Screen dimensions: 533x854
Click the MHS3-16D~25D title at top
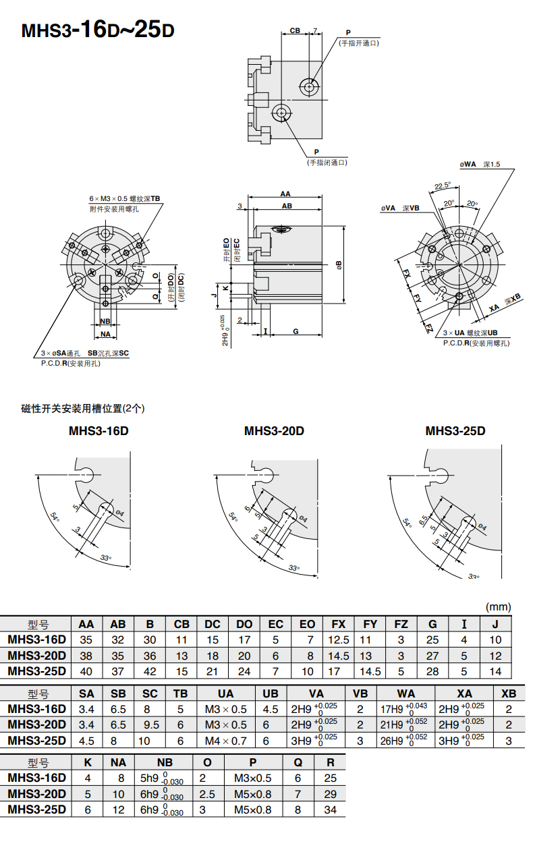98,30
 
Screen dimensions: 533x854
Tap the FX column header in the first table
338,624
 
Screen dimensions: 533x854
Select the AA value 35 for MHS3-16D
86,639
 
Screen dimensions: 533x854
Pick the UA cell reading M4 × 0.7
226,741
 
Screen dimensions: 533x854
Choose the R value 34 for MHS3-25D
330,809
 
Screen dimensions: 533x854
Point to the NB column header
165,762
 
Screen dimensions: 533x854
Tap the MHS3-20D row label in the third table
37,794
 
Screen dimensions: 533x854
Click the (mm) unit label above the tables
499,607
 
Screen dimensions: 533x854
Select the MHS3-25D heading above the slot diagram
455,431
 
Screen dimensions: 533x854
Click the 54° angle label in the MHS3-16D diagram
55,517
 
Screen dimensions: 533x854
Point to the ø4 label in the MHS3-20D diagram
303,519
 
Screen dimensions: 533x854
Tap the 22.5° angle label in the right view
443,186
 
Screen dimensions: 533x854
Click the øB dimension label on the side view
339,265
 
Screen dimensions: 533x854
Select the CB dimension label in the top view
295,30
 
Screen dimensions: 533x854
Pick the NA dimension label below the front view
105,334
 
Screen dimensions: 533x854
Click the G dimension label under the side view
296,331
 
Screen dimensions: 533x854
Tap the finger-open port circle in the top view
309,87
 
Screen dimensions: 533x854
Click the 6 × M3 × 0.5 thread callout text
125,198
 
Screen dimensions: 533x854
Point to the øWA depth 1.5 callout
480,165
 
